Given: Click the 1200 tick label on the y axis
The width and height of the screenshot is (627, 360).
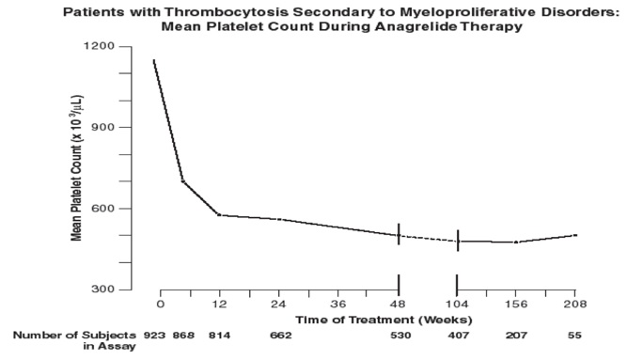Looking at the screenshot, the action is (x=99, y=46).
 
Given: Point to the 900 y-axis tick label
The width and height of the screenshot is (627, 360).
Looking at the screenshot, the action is (x=102, y=127).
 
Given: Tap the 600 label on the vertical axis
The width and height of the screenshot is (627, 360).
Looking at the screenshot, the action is (x=102, y=209).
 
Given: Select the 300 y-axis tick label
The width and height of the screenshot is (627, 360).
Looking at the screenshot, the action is (x=102, y=290).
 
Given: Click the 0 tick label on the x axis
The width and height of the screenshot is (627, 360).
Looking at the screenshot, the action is (x=161, y=305).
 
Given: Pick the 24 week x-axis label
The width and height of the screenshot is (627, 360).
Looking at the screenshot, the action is (x=278, y=305).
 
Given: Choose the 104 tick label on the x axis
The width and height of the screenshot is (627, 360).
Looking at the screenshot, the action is (x=457, y=305).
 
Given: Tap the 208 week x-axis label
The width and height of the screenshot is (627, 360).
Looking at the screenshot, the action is (x=575, y=305).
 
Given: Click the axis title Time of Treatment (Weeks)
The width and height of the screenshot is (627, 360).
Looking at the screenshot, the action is (x=384, y=320).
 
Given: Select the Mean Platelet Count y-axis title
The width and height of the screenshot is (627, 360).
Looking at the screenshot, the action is (x=76, y=168).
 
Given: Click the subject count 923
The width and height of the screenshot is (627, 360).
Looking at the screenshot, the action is (x=154, y=336).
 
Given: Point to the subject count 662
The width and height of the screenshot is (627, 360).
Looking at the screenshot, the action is (x=281, y=336).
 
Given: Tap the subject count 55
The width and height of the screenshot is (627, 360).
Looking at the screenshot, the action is (x=574, y=336).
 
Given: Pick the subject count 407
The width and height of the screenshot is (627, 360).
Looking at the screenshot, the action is (x=458, y=336).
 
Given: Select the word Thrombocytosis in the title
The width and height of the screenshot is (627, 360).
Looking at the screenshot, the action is (x=227, y=12).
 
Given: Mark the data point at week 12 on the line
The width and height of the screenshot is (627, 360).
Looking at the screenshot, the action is (x=219, y=215).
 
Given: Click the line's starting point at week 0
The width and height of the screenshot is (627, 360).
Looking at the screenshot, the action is (x=154, y=60).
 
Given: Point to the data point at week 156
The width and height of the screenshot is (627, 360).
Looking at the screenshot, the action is (x=516, y=242).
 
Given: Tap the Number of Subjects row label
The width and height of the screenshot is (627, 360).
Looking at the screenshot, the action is (x=74, y=340).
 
